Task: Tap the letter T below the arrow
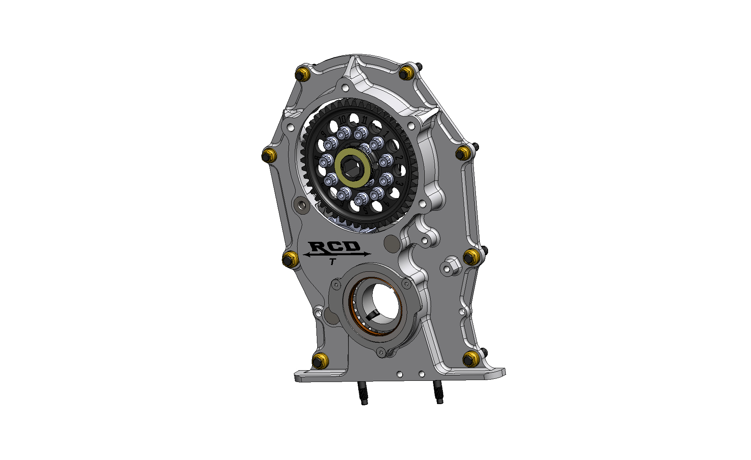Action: pyautogui.click(x=333, y=262)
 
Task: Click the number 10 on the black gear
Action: pyautogui.click(x=342, y=119)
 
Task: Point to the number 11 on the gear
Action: pyautogui.click(x=365, y=120)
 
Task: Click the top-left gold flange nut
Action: pyautogui.click(x=302, y=74)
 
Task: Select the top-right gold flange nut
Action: pyautogui.click(x=406, y=72)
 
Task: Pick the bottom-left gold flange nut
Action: pyautogui.click(x=320, y=361)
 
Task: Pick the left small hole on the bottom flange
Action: pyautogui.click(x=400, y=373)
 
